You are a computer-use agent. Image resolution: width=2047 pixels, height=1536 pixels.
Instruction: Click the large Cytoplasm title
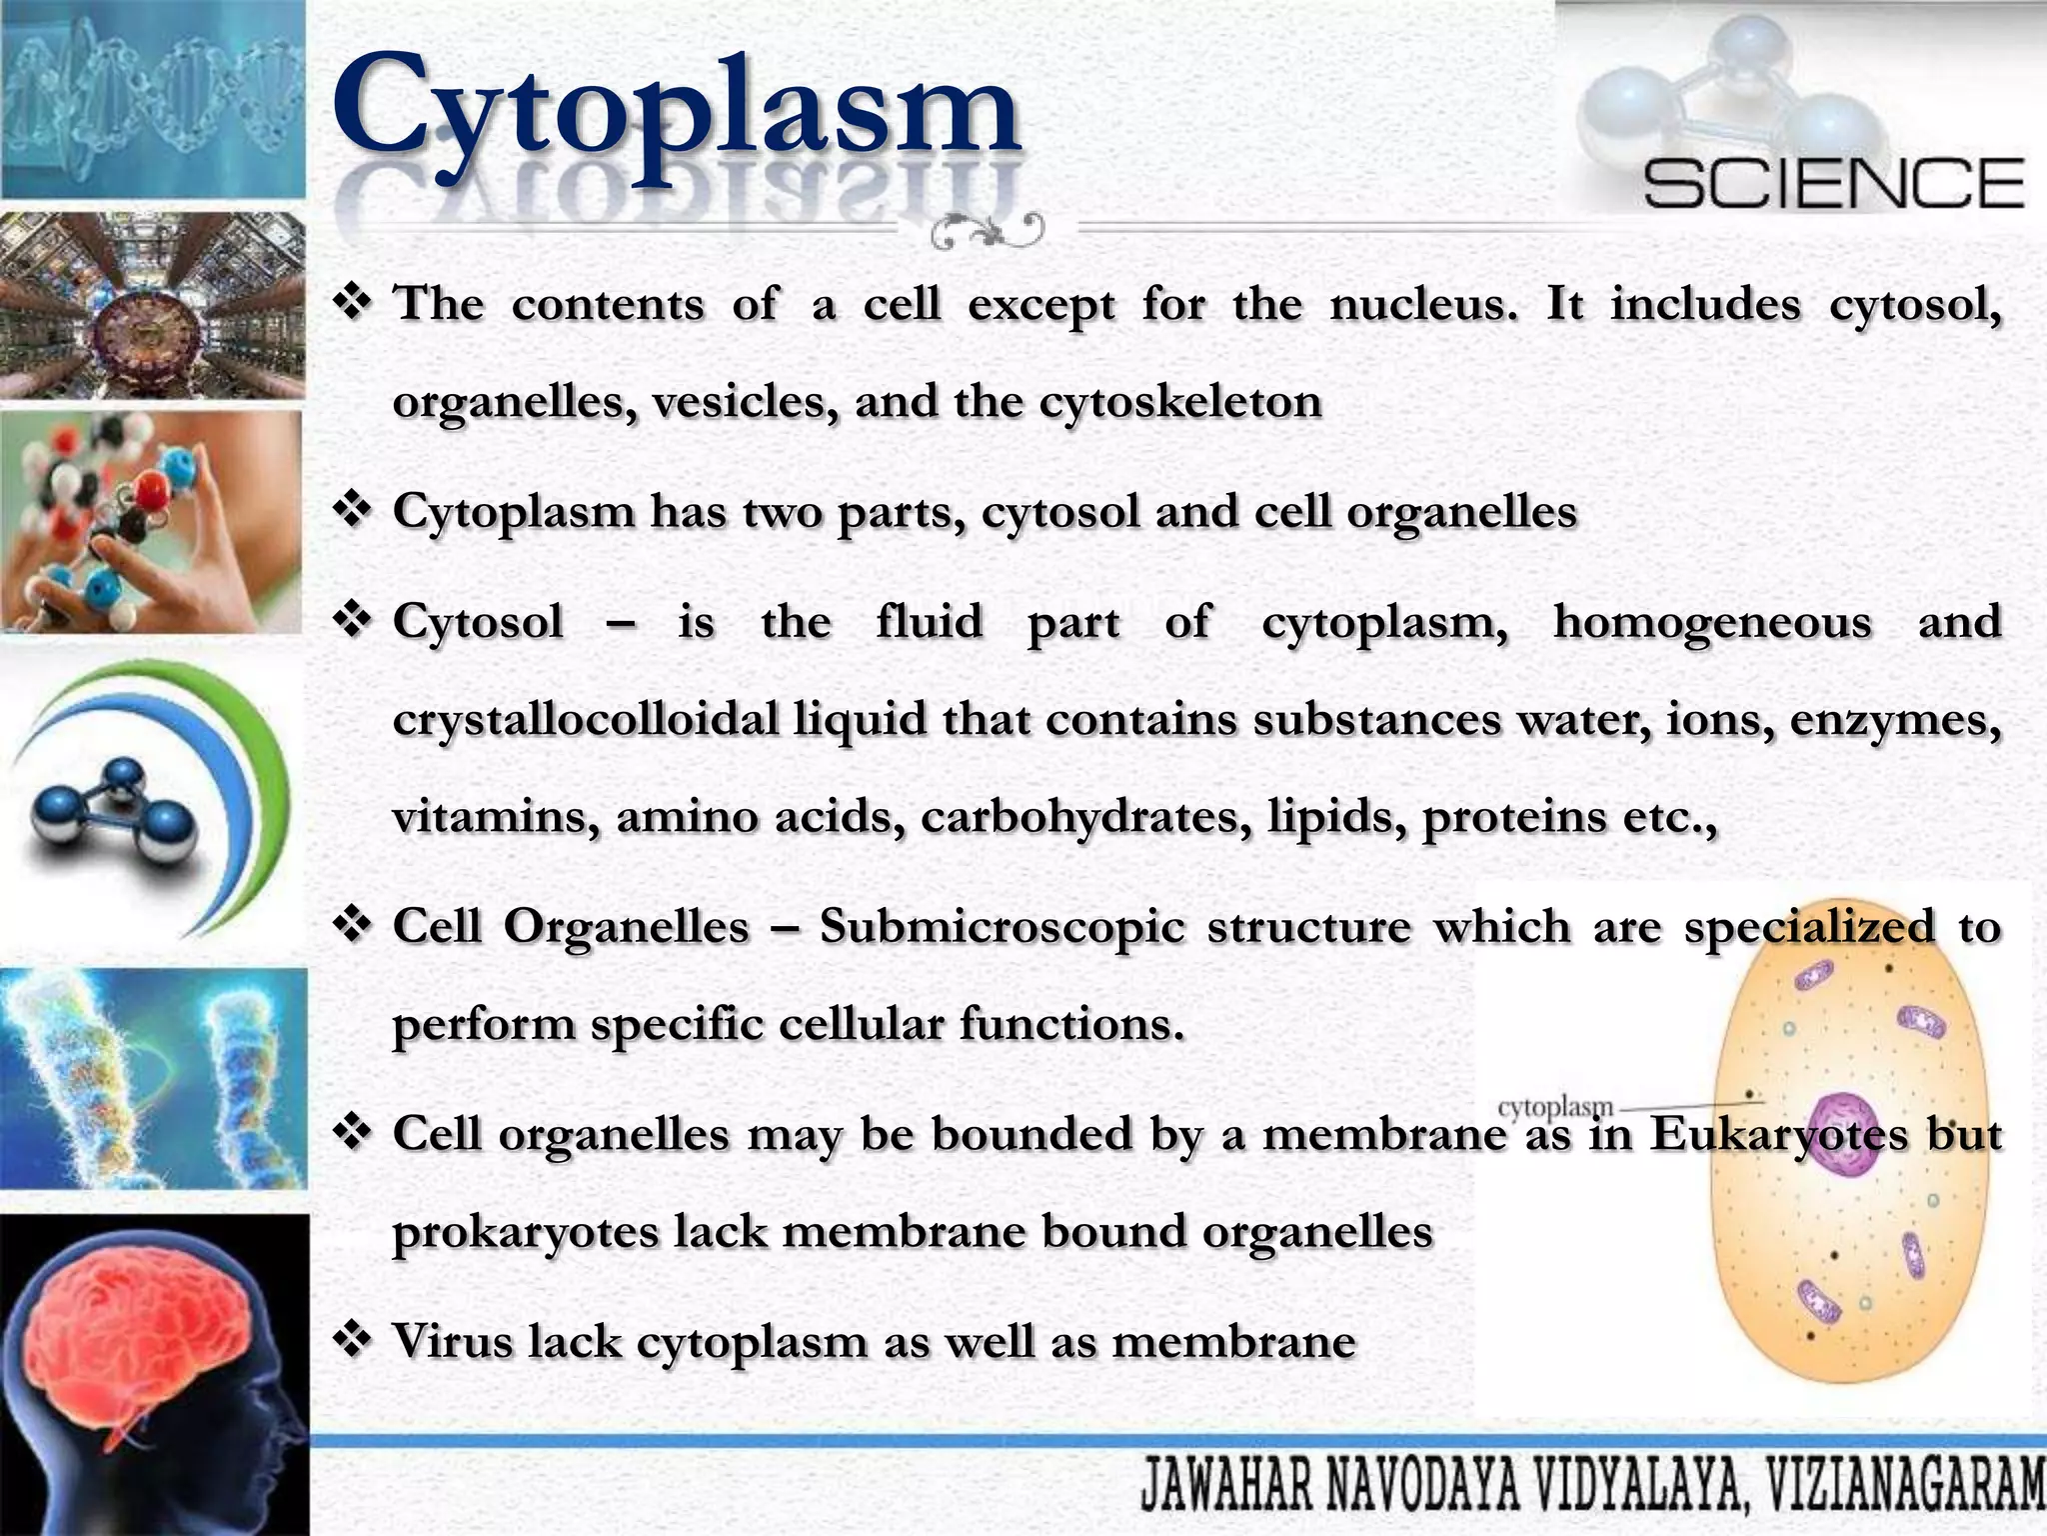tap(676, 108)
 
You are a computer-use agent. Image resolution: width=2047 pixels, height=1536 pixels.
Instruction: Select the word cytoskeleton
tap(1180, 402)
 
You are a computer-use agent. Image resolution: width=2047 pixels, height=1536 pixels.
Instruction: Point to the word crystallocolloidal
tap(586, 720)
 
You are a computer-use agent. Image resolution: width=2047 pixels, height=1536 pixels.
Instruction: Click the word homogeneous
tap(1711, 622)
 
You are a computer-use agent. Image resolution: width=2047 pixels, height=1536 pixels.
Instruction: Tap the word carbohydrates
tap(1085, 817)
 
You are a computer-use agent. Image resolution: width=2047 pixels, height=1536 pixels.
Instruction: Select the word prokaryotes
tap(526, 1232)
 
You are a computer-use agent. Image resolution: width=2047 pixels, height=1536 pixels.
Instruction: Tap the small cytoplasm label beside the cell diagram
tap(1555, 1107)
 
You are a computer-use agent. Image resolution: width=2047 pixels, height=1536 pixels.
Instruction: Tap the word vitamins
tap(496, 817)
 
